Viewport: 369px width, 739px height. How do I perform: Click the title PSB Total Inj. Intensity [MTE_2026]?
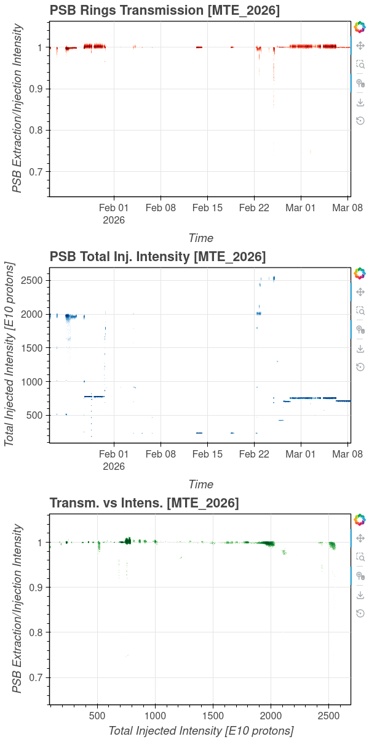[157, 256]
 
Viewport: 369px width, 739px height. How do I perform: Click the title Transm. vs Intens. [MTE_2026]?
[144, 503]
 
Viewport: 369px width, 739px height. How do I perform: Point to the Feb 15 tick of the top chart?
[207, 208]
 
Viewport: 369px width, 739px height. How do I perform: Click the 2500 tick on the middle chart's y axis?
[34, 280]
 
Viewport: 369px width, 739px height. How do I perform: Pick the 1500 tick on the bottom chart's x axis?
[213, 716]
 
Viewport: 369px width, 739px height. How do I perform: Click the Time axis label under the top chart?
[200, 238]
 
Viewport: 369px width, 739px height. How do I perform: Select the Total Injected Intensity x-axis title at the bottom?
[200, 730]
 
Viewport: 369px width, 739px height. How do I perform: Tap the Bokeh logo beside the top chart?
[360, 27]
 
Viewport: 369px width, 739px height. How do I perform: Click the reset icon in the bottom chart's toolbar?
[360, 613]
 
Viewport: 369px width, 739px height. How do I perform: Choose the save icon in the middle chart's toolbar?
[360, 349]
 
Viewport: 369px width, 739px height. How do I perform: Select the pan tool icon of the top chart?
[360, 46]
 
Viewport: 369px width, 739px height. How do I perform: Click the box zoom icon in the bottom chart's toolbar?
[360, 557]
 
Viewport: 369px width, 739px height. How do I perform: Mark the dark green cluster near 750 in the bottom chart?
[128, 541]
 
